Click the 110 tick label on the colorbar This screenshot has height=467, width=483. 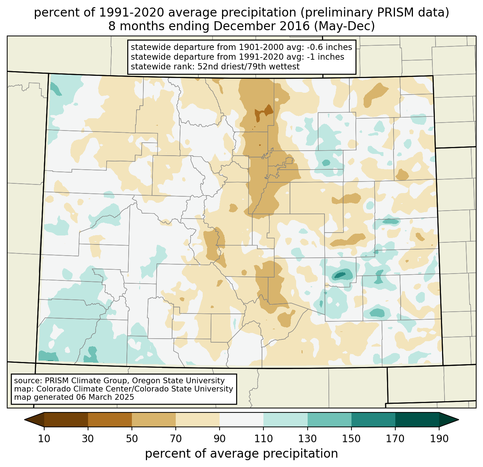[263, 439]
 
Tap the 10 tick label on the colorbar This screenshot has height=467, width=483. [44, 439]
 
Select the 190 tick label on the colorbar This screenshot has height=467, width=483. [439, 439]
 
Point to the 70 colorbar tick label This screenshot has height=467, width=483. [176, 439]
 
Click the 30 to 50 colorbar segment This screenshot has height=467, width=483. [110, 420]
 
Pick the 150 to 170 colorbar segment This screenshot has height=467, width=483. [373, 420]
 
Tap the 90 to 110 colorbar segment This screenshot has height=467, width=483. [241, 420]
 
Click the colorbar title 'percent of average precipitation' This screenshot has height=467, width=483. [241, 454]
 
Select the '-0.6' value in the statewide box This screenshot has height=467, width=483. [311, 47]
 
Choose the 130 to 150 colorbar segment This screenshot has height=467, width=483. [330, 420]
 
